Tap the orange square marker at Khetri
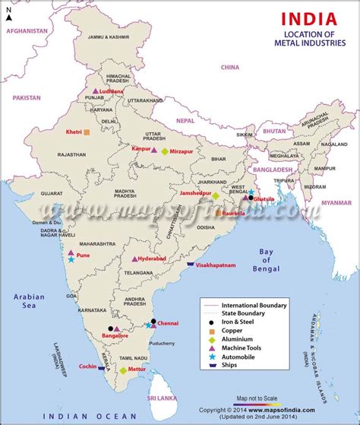87,132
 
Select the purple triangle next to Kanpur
154,151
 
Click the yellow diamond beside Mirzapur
164,151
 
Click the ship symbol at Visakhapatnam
191,264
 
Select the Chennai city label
169,323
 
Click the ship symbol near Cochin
101,366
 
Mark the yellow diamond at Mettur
123,371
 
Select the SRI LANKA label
162,398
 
